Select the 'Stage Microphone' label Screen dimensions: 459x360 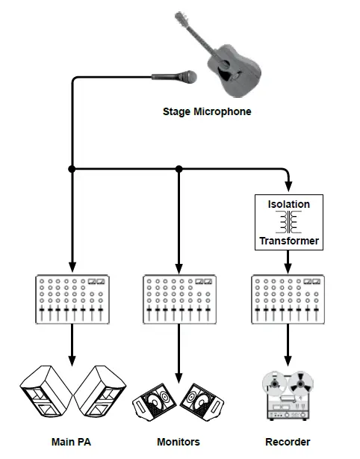[x=207, y=112]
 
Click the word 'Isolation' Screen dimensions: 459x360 [x=289, y=203]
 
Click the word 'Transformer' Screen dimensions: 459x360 [x=289, y=241]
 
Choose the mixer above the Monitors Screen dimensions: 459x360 [x=179, y=300]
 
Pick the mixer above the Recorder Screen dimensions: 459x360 [x=289, y=300]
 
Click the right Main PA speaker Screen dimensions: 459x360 [x=100, y=392]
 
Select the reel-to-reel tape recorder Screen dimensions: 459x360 [x=289, y=396]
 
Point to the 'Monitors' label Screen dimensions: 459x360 [x=179, y=442]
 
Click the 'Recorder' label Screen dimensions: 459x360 [x=288, y=442]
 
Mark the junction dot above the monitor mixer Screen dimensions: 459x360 [x=179, y=170]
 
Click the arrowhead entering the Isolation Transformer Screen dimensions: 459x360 [x=289, y=187]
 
